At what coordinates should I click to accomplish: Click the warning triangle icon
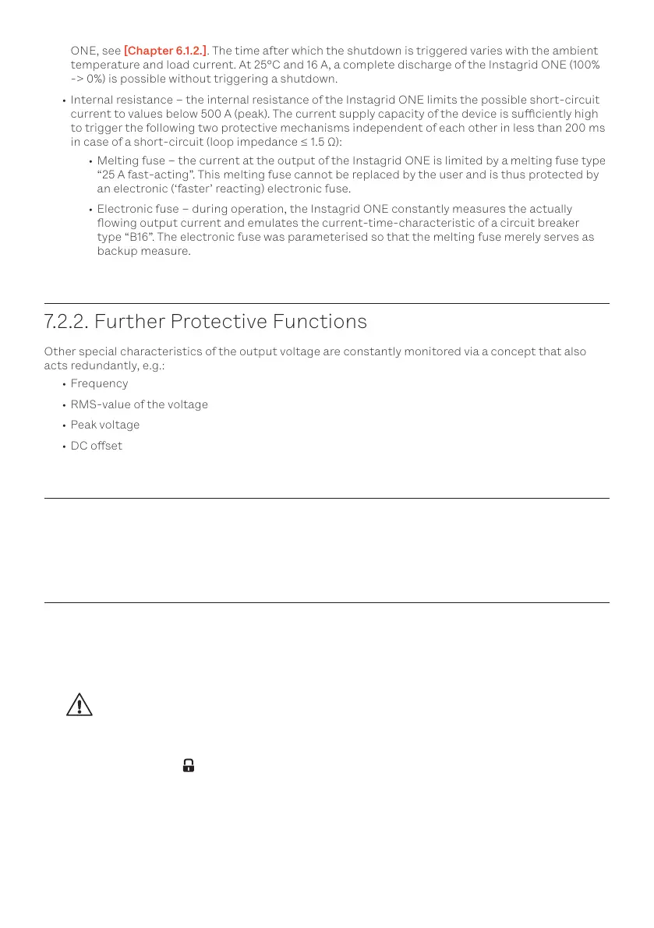click(x=79, y=705)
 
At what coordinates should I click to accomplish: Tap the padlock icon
click(x=188, y=766)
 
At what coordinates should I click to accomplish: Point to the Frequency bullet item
click(x=99, y=383)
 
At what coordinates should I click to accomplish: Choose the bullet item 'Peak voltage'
click(x=104, y=425)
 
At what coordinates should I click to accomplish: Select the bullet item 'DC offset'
click(x=96, y=446)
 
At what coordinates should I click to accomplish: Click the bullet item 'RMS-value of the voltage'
click(x=139, y=404)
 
